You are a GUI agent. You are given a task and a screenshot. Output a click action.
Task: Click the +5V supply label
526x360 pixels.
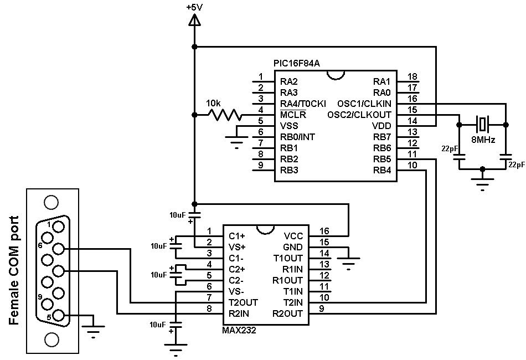point(194,7)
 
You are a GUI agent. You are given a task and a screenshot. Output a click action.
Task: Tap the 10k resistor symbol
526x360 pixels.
point(224,115)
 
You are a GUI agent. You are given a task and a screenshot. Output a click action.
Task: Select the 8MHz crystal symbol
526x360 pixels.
point(482,125)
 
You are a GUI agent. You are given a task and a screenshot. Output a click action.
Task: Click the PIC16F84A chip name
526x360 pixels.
point(297,63)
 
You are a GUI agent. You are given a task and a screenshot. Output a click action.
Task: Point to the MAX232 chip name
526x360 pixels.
point(239,331)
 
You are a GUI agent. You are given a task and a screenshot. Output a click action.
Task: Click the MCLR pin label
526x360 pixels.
point(293,115)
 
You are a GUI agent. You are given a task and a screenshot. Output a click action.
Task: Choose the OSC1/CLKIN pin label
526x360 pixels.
point(364,104)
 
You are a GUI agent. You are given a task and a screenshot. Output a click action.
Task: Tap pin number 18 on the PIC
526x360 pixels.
point(412,76)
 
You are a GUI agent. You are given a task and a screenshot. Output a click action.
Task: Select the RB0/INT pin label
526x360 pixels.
point(297,137)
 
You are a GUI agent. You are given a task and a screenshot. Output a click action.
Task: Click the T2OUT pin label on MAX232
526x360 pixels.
point(243,302)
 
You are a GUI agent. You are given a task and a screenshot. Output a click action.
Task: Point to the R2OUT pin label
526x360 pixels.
point(287,313)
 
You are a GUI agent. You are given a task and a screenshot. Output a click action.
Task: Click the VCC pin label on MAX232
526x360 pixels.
point(293,236)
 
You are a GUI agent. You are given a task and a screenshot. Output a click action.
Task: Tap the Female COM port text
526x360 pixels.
point(14,270)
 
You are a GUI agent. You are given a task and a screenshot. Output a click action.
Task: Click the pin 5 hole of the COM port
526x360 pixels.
point(59,315)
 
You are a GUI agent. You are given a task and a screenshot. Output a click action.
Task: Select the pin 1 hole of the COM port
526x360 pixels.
point(59,227)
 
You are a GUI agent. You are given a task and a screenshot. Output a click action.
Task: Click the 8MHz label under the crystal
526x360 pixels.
point(483,140)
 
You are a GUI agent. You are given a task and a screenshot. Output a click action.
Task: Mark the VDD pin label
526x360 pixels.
point(381,126)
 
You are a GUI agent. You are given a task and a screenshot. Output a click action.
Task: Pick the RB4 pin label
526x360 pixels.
point(382,170)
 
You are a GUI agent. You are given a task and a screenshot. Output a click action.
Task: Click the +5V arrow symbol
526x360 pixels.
point(194,21)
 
